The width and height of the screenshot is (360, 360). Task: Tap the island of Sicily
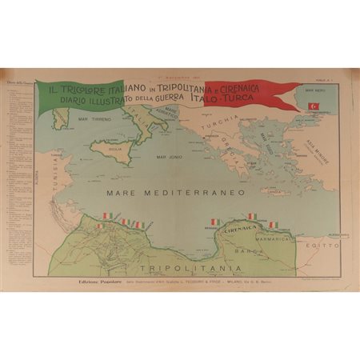pyautogui.click(x=114, y=149)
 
